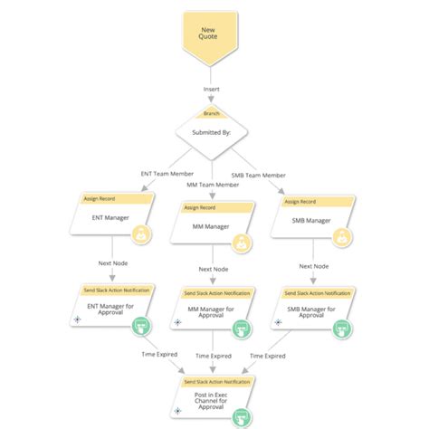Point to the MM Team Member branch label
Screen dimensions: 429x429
tap(214, 185)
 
